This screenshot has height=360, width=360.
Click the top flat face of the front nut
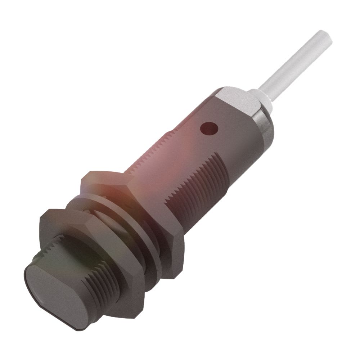[x=68, y=220]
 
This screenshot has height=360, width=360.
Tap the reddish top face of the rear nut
[x=108, y=180]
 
